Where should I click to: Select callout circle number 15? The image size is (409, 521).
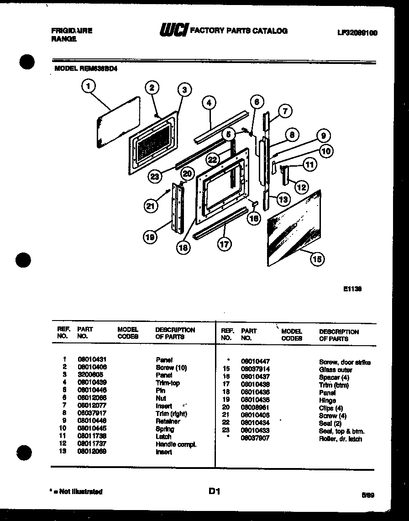[316, 259]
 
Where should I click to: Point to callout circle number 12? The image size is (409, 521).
[301, 186]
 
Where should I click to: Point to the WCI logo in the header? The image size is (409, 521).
[173, 31]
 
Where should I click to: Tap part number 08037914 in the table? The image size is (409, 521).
[255, 369]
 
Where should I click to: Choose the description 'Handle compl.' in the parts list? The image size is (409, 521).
[176, 444]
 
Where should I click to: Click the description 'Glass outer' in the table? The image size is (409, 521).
[336, 369]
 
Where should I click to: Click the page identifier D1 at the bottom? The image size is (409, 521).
[215, 491]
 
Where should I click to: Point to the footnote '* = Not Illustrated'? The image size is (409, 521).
[76, 492]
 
